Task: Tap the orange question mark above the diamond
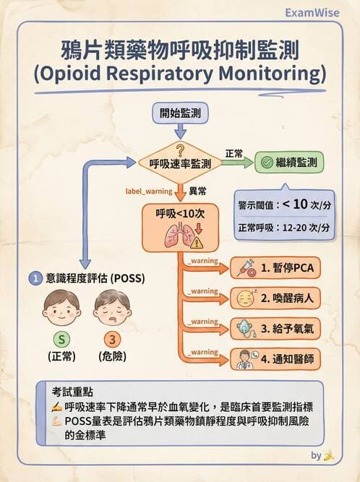click(180, 148)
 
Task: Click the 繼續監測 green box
click(289, 162)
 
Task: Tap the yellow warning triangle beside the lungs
click(197, 241)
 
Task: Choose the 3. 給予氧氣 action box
click(275, 329)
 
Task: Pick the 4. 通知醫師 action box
click(275, 358)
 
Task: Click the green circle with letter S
click(61, 340)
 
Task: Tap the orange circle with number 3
click(112, 340)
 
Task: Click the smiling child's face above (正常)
click(61, 306)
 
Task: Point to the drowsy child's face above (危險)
click(112, 306)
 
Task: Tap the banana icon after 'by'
click(329, 456)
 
